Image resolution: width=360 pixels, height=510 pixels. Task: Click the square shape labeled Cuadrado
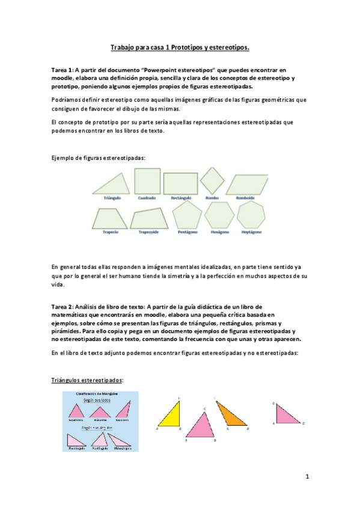click(x=147, y=181)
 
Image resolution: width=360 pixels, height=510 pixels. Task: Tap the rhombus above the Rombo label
click(x=212, y=180)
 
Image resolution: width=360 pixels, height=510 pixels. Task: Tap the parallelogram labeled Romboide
click(x=246, y=183)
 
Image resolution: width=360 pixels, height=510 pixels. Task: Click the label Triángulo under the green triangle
click(x=113, y=198)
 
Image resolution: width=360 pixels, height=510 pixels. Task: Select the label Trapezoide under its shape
click(x=148, y=231)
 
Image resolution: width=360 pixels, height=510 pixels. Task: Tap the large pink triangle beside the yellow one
click(x=201, y=426)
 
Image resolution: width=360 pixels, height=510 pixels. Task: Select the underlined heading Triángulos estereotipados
click(x=88, y=381)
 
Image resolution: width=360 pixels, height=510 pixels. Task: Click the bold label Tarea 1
click(x=63, y=70)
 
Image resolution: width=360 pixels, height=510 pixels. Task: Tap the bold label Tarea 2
click(x=63, y=307)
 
